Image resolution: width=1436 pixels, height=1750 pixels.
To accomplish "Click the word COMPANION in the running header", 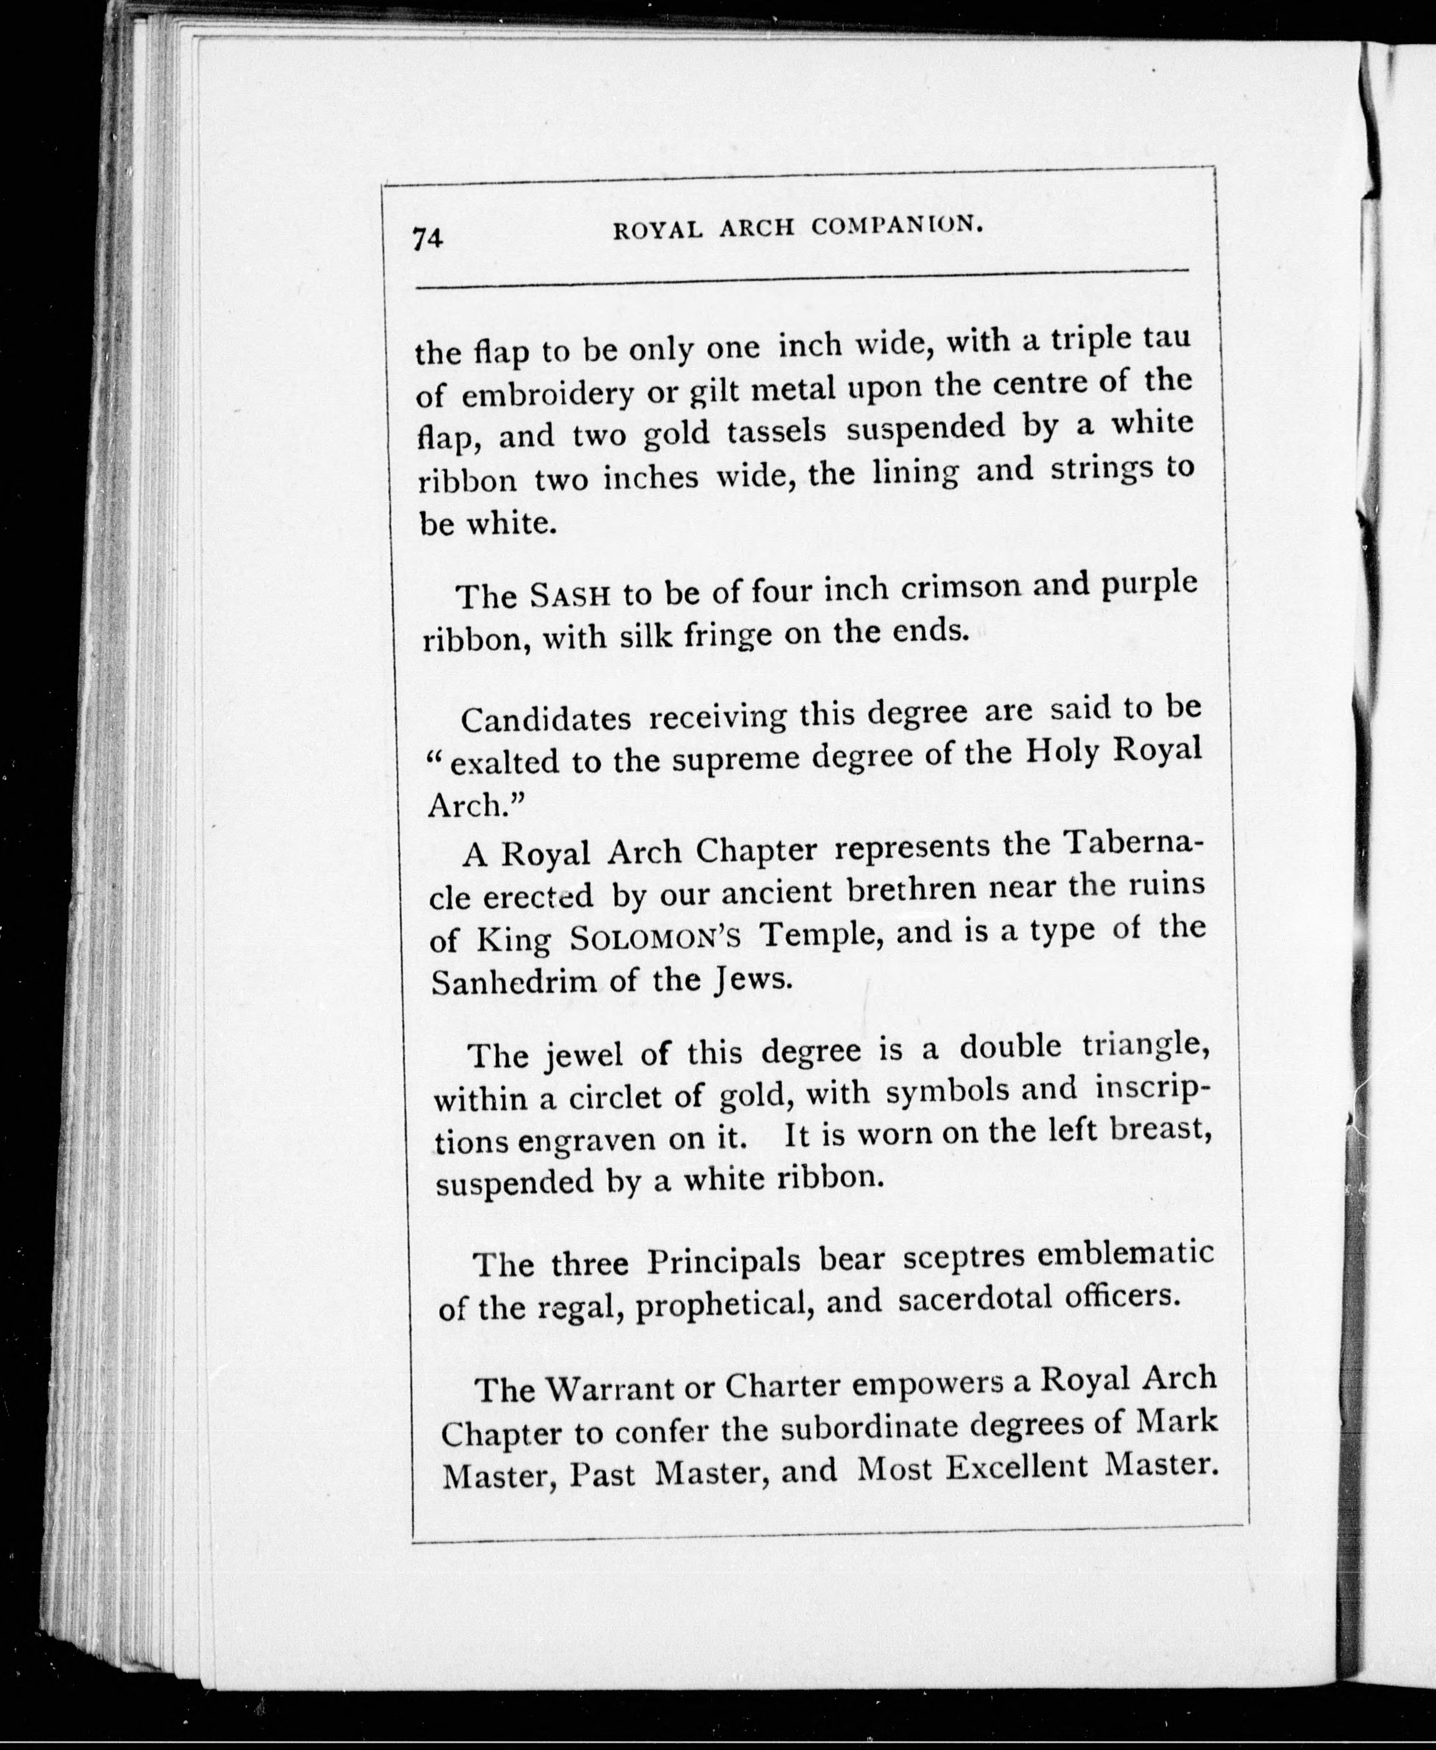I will (x=897, y=225).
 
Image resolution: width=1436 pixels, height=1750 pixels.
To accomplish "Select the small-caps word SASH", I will (x=570, y=595).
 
